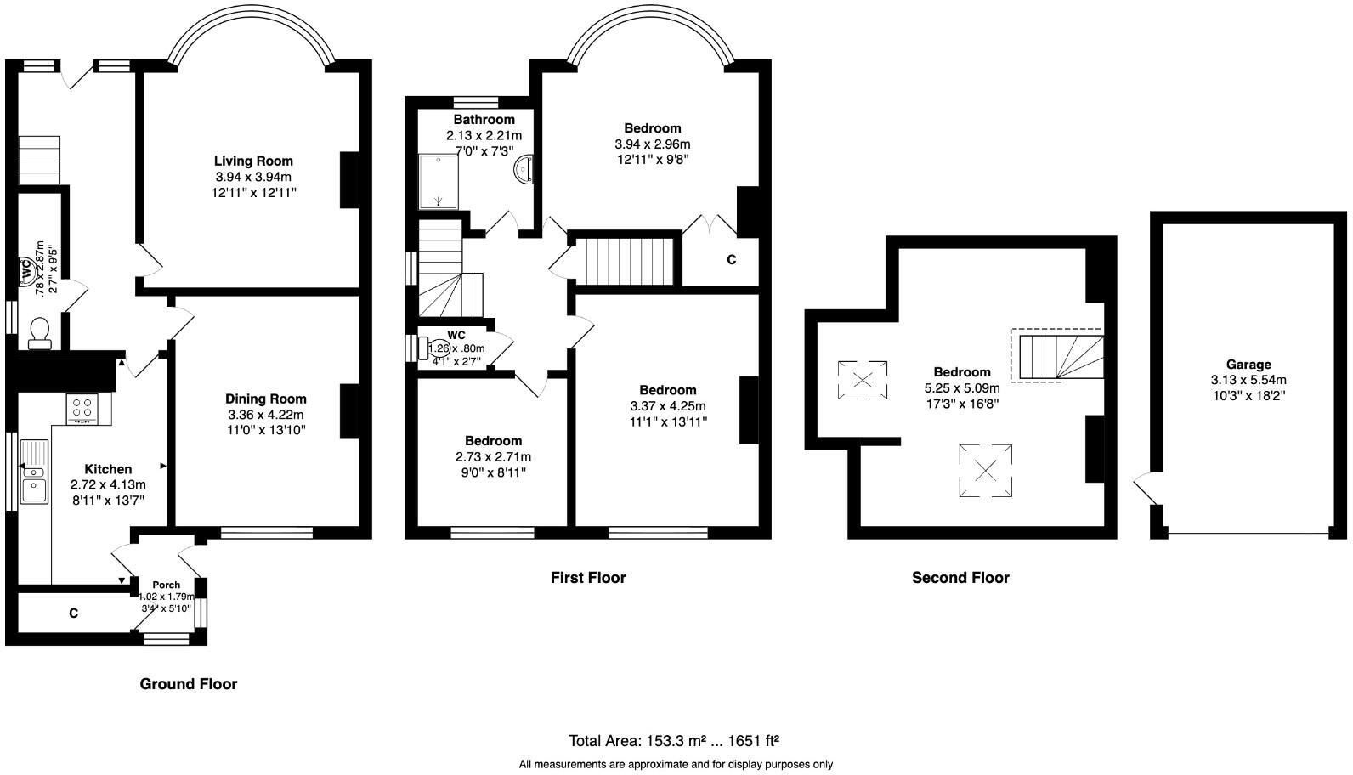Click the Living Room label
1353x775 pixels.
pyautogui.click(x=253, y=161)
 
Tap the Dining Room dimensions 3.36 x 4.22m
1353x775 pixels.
pyautogui.click(x=265, y=415)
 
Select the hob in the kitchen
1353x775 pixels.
pyautogui.click(x=83, y=409)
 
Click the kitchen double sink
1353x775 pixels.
pyautogui.click(x=35, y=471)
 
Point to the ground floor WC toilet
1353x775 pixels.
pyautogui.click(x=39, y=332)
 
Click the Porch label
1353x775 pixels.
pyautogui.click(x=167, y=585)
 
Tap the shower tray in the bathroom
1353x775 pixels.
pyautogui.click(x=439, y=181)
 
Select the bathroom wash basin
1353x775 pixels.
pyautogui.click(x=523, y=169)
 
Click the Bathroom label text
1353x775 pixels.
pyautogui.click(x=484, y=120)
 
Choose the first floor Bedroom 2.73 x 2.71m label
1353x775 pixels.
pyautogui.click(x=493, y=441)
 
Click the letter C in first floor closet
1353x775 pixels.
pyautogui.click(x=731, y=260)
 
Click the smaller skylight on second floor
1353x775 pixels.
pyautogui.click(x=862, y=379)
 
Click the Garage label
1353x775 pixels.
pyautogui.click(x=1248, y=364)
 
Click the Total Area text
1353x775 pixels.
pyautogui.click(x=674, y=740)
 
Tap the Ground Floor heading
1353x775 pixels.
pyautogui.click(x=188, y=684)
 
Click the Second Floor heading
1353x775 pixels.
pyautogui.click(x=960, y=578)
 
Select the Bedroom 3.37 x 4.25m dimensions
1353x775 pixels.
pyautogui.click(x=667, y=406)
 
